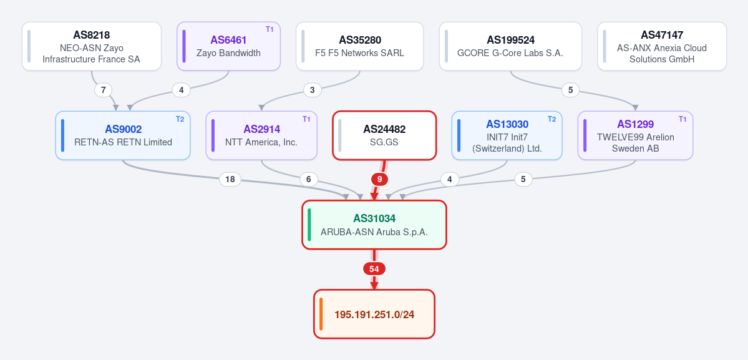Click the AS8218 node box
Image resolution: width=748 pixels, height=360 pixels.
click(92, 46)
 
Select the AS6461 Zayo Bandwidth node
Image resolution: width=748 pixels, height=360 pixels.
click(228, 46)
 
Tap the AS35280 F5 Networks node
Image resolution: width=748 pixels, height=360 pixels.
click(360, 46)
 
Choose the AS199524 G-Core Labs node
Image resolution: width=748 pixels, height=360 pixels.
click(510, 46)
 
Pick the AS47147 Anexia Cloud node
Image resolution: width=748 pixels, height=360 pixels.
click(662, 46)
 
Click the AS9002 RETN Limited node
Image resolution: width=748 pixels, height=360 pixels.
click(123, 135)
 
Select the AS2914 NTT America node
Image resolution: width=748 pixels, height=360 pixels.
click(261, 135)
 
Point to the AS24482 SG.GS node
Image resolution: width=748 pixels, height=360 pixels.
click(384, 135)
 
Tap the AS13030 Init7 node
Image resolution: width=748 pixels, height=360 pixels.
click(507, 135)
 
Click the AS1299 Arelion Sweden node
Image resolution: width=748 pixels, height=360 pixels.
click(636, 135)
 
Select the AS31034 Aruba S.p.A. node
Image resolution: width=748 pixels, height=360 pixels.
click(374, 225)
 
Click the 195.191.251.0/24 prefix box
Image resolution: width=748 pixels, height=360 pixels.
click(374, 314)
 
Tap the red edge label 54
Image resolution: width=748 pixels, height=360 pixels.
click(374, 269)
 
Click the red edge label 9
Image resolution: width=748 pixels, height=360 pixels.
click(380, 179)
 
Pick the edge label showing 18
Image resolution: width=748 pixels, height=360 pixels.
click(230, 179)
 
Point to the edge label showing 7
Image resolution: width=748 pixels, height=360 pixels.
click(104, 90)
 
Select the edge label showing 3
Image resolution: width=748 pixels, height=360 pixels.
click(313, 90)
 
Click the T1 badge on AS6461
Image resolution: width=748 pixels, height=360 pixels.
click(270, 29)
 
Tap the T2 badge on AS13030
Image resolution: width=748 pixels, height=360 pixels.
click(551, 119)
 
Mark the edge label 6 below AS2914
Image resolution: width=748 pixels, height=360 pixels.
click(309, 179)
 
